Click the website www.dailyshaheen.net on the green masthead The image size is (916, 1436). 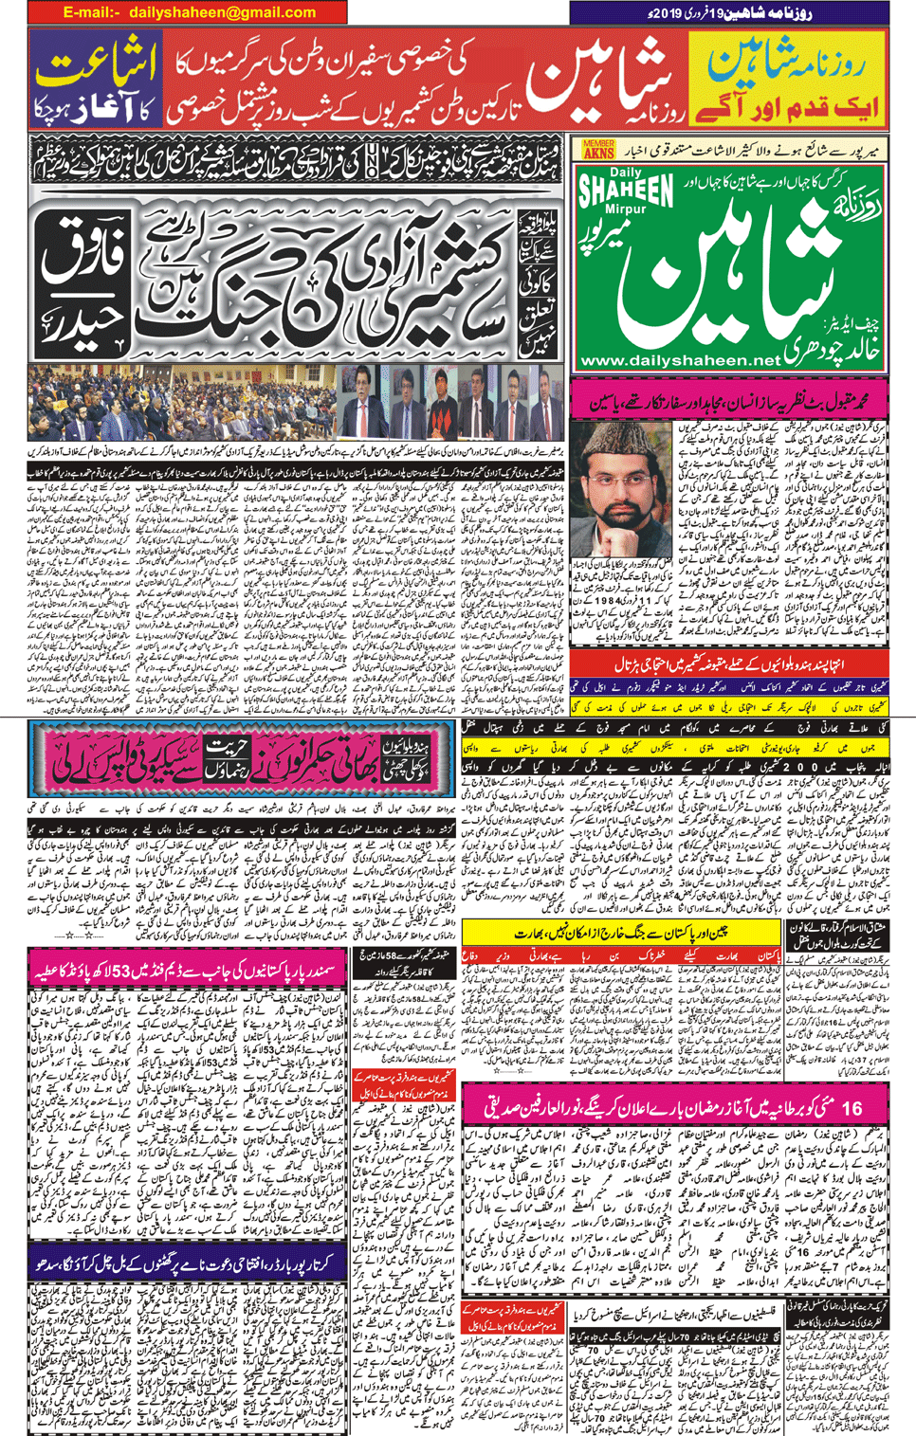click(x=679, y=360)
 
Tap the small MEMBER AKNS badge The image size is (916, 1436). click(x=598, y=149)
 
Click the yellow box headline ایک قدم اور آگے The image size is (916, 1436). click(x=786, y=106)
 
